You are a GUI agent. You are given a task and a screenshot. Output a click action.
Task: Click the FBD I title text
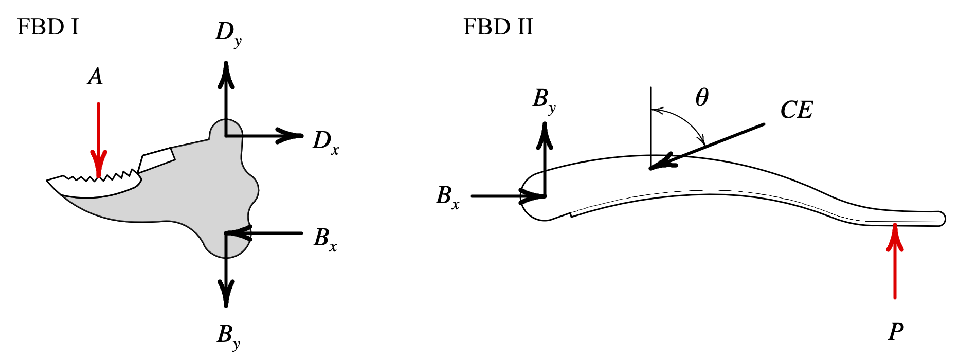48,27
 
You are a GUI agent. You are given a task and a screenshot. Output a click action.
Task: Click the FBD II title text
498,27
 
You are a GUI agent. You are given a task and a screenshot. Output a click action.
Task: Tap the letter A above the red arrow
95,77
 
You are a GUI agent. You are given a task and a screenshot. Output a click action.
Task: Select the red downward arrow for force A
98,139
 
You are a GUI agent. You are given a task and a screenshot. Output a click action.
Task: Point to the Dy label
228,34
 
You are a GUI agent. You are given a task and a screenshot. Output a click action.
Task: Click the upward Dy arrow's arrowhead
226,75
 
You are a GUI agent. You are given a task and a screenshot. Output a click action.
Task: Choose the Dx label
325,141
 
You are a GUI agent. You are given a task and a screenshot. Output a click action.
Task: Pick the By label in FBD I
228,336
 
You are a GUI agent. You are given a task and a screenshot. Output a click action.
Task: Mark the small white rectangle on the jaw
157,160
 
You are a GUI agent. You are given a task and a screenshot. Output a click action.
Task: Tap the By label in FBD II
544,100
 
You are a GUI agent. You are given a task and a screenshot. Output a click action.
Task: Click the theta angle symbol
702,97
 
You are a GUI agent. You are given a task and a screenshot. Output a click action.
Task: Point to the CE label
797,110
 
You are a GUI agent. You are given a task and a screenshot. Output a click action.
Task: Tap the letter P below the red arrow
896,332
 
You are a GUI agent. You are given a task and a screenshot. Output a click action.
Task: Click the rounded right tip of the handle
941,219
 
